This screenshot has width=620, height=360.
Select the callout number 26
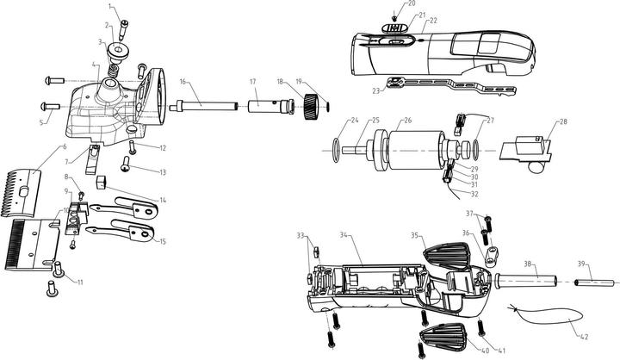coord(408,121)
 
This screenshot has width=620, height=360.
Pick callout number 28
coord(563,121)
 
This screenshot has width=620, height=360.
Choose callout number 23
coord(377,90)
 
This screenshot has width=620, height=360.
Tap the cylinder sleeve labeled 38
coord(528,282)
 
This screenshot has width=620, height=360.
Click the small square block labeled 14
coord(102,182)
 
